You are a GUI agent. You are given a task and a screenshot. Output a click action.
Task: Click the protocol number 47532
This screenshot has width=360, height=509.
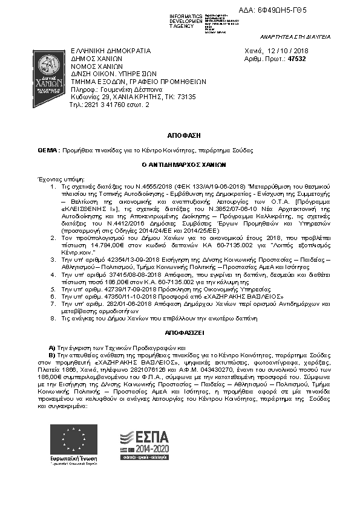[296, 59]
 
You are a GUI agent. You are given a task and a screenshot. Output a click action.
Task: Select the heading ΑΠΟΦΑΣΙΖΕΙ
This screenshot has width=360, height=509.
[180, 333]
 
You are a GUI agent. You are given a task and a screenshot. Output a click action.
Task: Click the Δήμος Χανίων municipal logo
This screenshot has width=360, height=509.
[45, 71]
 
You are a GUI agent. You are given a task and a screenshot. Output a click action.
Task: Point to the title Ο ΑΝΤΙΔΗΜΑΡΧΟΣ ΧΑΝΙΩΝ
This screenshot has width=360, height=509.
[180, 163]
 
